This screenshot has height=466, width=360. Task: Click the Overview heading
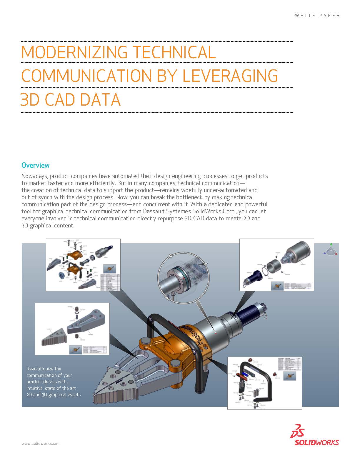(x=35, y=165)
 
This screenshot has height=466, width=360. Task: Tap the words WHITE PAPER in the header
(x=317, y=15)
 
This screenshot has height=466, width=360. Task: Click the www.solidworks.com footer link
(x=41, y=443)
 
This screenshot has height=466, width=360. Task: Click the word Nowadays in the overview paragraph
(x=35, y=176)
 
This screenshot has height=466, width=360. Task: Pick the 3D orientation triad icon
(x=331, y=250)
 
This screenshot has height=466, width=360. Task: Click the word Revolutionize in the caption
(x=44, y=369)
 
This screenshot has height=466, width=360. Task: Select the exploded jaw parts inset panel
(x=72, y=329)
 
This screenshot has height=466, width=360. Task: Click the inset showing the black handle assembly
(x=264, y=382)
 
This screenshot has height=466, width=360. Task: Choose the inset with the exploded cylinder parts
(x=276, y=264)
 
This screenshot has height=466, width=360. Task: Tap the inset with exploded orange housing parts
(x=83, y=264)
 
